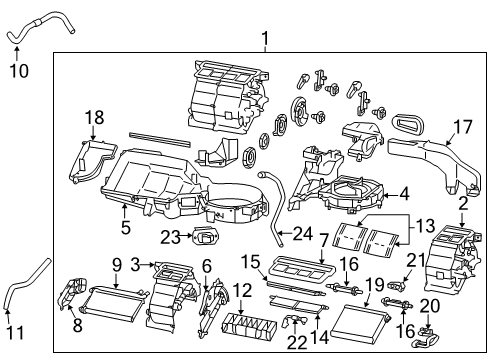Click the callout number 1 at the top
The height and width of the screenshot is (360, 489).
click(x=265, y=40)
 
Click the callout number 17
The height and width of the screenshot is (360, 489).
click(x=463, y=126)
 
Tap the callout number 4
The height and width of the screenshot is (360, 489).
click(x=405, y=194)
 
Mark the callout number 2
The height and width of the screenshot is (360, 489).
click(x=463, y=204)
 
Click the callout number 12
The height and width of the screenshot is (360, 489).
click(x=242, y=290)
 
